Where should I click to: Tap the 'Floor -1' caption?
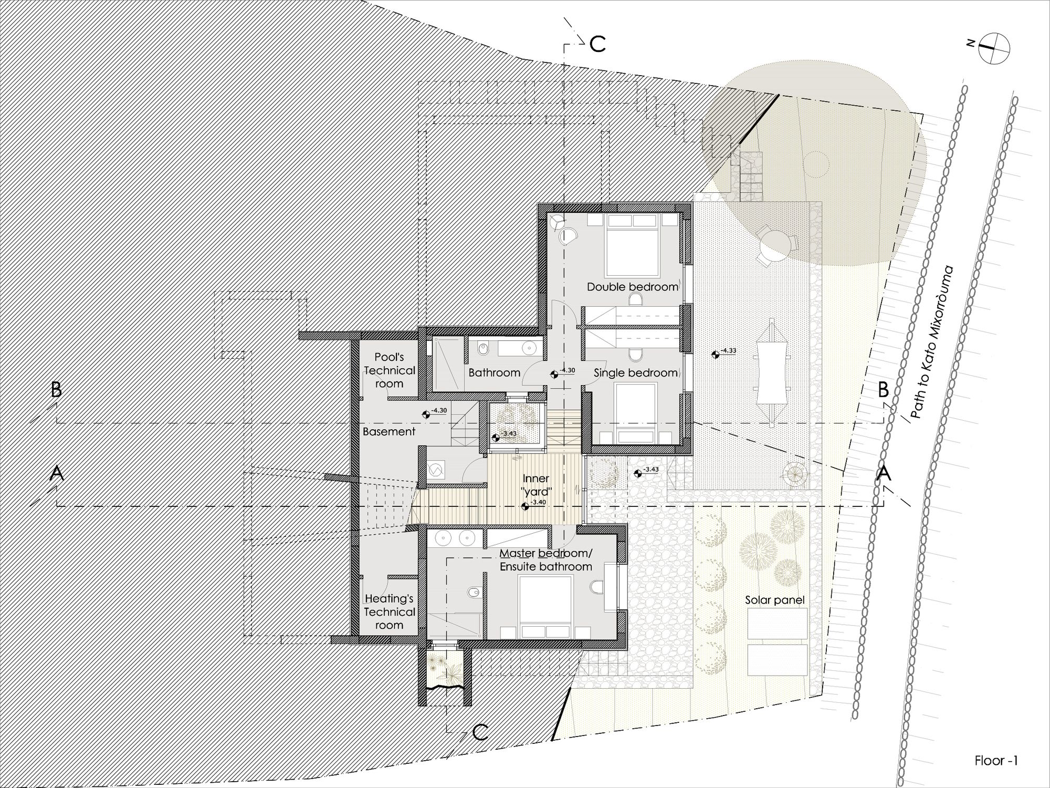996,761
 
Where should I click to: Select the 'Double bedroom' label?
633,287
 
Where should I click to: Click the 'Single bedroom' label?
636,373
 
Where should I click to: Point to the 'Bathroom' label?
495,372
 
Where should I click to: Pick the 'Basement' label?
389,431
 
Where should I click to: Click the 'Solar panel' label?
775,600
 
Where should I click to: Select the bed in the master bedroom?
545,606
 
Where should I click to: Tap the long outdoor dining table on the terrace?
771,370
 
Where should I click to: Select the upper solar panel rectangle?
776,624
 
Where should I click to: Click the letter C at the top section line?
597,45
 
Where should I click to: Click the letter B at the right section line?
883,390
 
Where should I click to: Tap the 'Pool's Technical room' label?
389,370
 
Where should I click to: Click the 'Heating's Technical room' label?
390,612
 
